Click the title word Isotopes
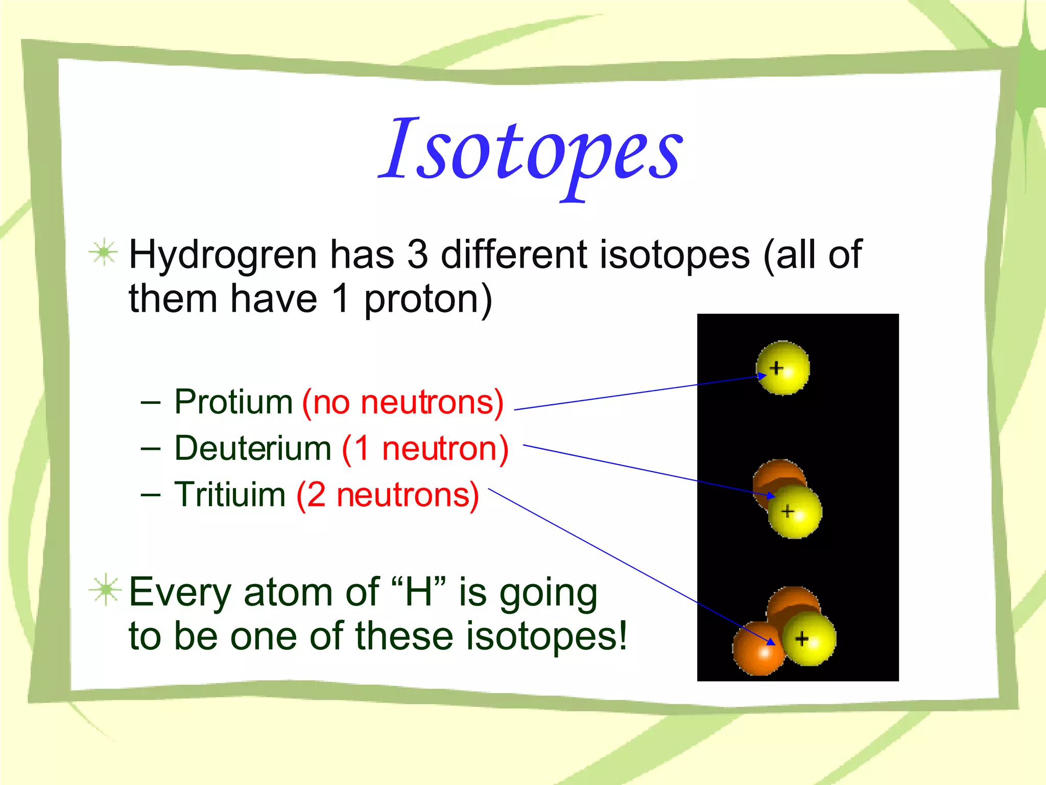point(531,151)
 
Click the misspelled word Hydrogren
point(223,255)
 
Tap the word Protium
point(233,402)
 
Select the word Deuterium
point(253,448)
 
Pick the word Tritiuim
point(230,495)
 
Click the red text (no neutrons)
point(403,402)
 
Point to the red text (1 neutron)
point(425,448)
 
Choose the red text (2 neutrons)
point(388,495)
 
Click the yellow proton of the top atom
point(783,368)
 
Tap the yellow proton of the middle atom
point(795,512)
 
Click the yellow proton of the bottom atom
point(809,639)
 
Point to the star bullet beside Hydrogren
point(104,252)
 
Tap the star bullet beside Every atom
point(105,590)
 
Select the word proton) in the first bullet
point(428,299)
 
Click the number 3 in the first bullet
point(417,255)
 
